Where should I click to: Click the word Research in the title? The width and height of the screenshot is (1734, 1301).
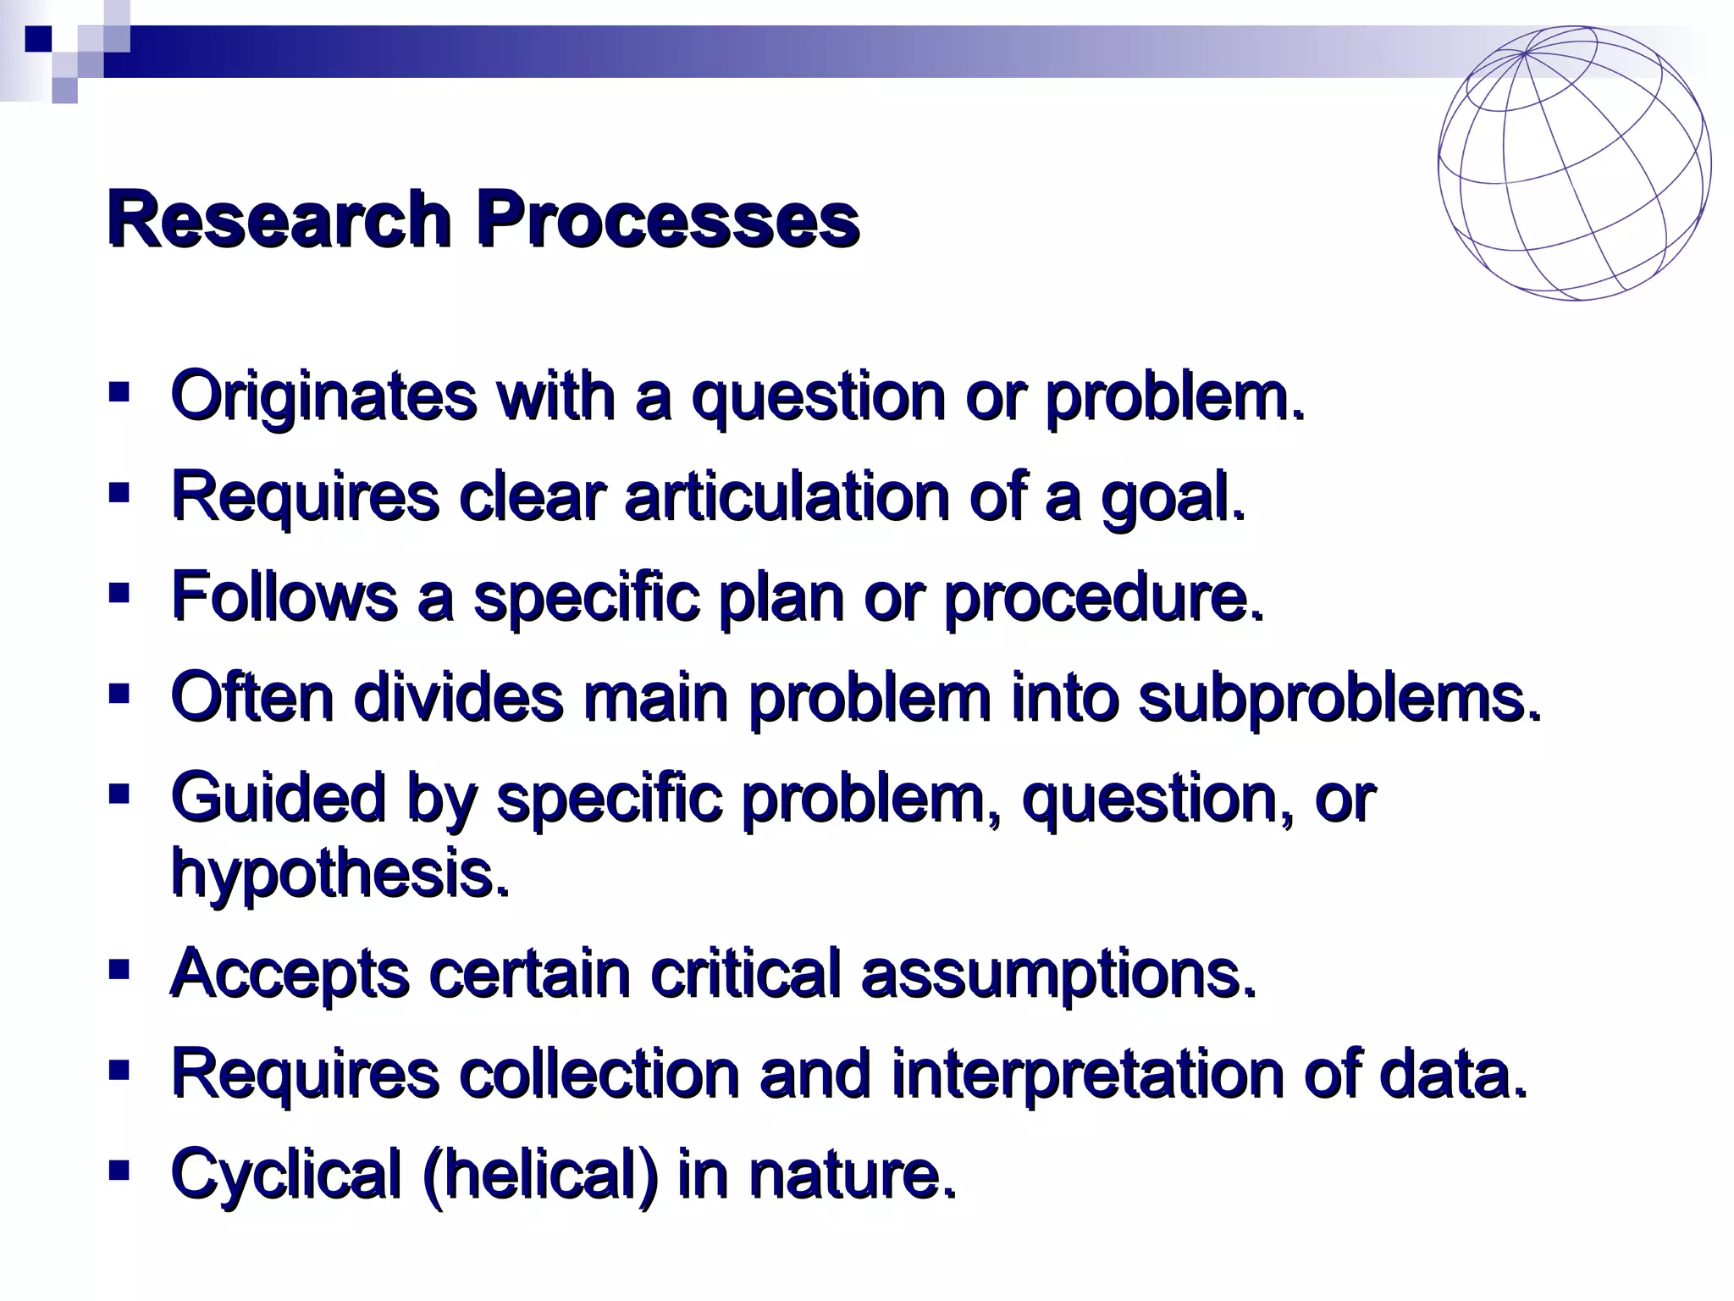[x=279, y=220]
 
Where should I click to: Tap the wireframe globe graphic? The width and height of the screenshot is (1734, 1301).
[x=1574, y=163]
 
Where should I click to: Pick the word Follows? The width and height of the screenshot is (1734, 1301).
[x=284, y=596]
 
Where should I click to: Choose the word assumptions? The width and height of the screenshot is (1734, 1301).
[x=1058, y=974]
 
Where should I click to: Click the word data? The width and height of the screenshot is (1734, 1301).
[x=1453, y=1074]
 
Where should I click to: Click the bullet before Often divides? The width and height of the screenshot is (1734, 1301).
[x=119, y=695]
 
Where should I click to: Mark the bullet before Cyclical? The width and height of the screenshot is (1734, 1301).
[x=119, y=1171]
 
